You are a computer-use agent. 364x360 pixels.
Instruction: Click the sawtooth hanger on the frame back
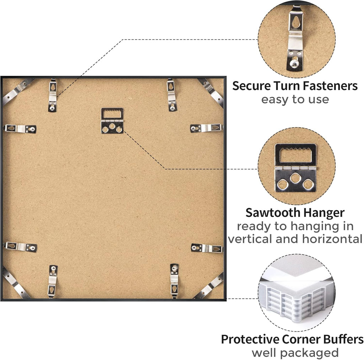[x=112, y=121]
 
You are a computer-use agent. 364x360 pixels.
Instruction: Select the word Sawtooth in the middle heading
[x=273, y=213]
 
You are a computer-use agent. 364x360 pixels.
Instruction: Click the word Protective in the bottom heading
[x=250, y=339]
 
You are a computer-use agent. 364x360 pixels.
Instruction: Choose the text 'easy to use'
[x=295, y=100]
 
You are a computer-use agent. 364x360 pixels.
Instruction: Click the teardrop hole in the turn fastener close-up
[x=296, y=22]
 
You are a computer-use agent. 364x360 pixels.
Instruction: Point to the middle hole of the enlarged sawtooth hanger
[x=295, y=178]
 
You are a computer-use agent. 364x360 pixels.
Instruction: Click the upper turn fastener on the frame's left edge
[x=20, y=129]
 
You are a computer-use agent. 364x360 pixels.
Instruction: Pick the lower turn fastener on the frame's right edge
[x=207, y=248]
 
